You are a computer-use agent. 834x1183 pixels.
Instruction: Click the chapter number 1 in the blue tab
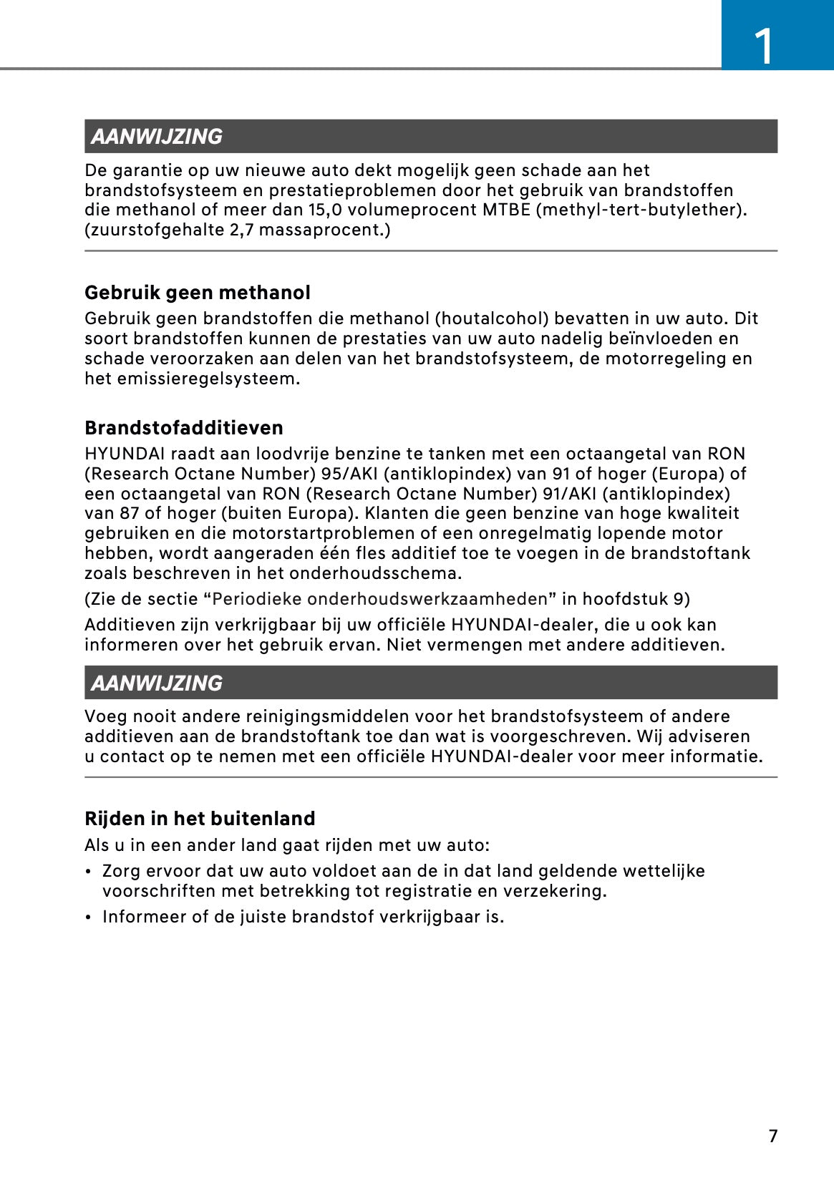pos(764,47)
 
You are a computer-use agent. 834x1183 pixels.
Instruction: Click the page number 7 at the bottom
pos(772,1136)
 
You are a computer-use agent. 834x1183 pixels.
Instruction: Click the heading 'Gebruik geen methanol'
pos(198,293)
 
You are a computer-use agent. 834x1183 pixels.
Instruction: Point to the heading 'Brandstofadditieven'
pos(184,428)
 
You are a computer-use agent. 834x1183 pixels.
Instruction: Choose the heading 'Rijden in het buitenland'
pos(200,819)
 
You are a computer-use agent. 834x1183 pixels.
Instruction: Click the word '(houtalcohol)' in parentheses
pos(482,318)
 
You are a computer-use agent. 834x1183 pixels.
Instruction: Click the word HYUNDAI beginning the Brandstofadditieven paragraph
pos(125,454)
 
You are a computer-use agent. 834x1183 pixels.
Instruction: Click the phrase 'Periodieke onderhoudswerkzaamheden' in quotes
pos(379,599)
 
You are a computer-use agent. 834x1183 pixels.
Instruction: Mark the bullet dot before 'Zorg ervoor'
pos(87,872)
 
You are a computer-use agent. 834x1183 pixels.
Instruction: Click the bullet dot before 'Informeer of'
pos(87,917)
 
